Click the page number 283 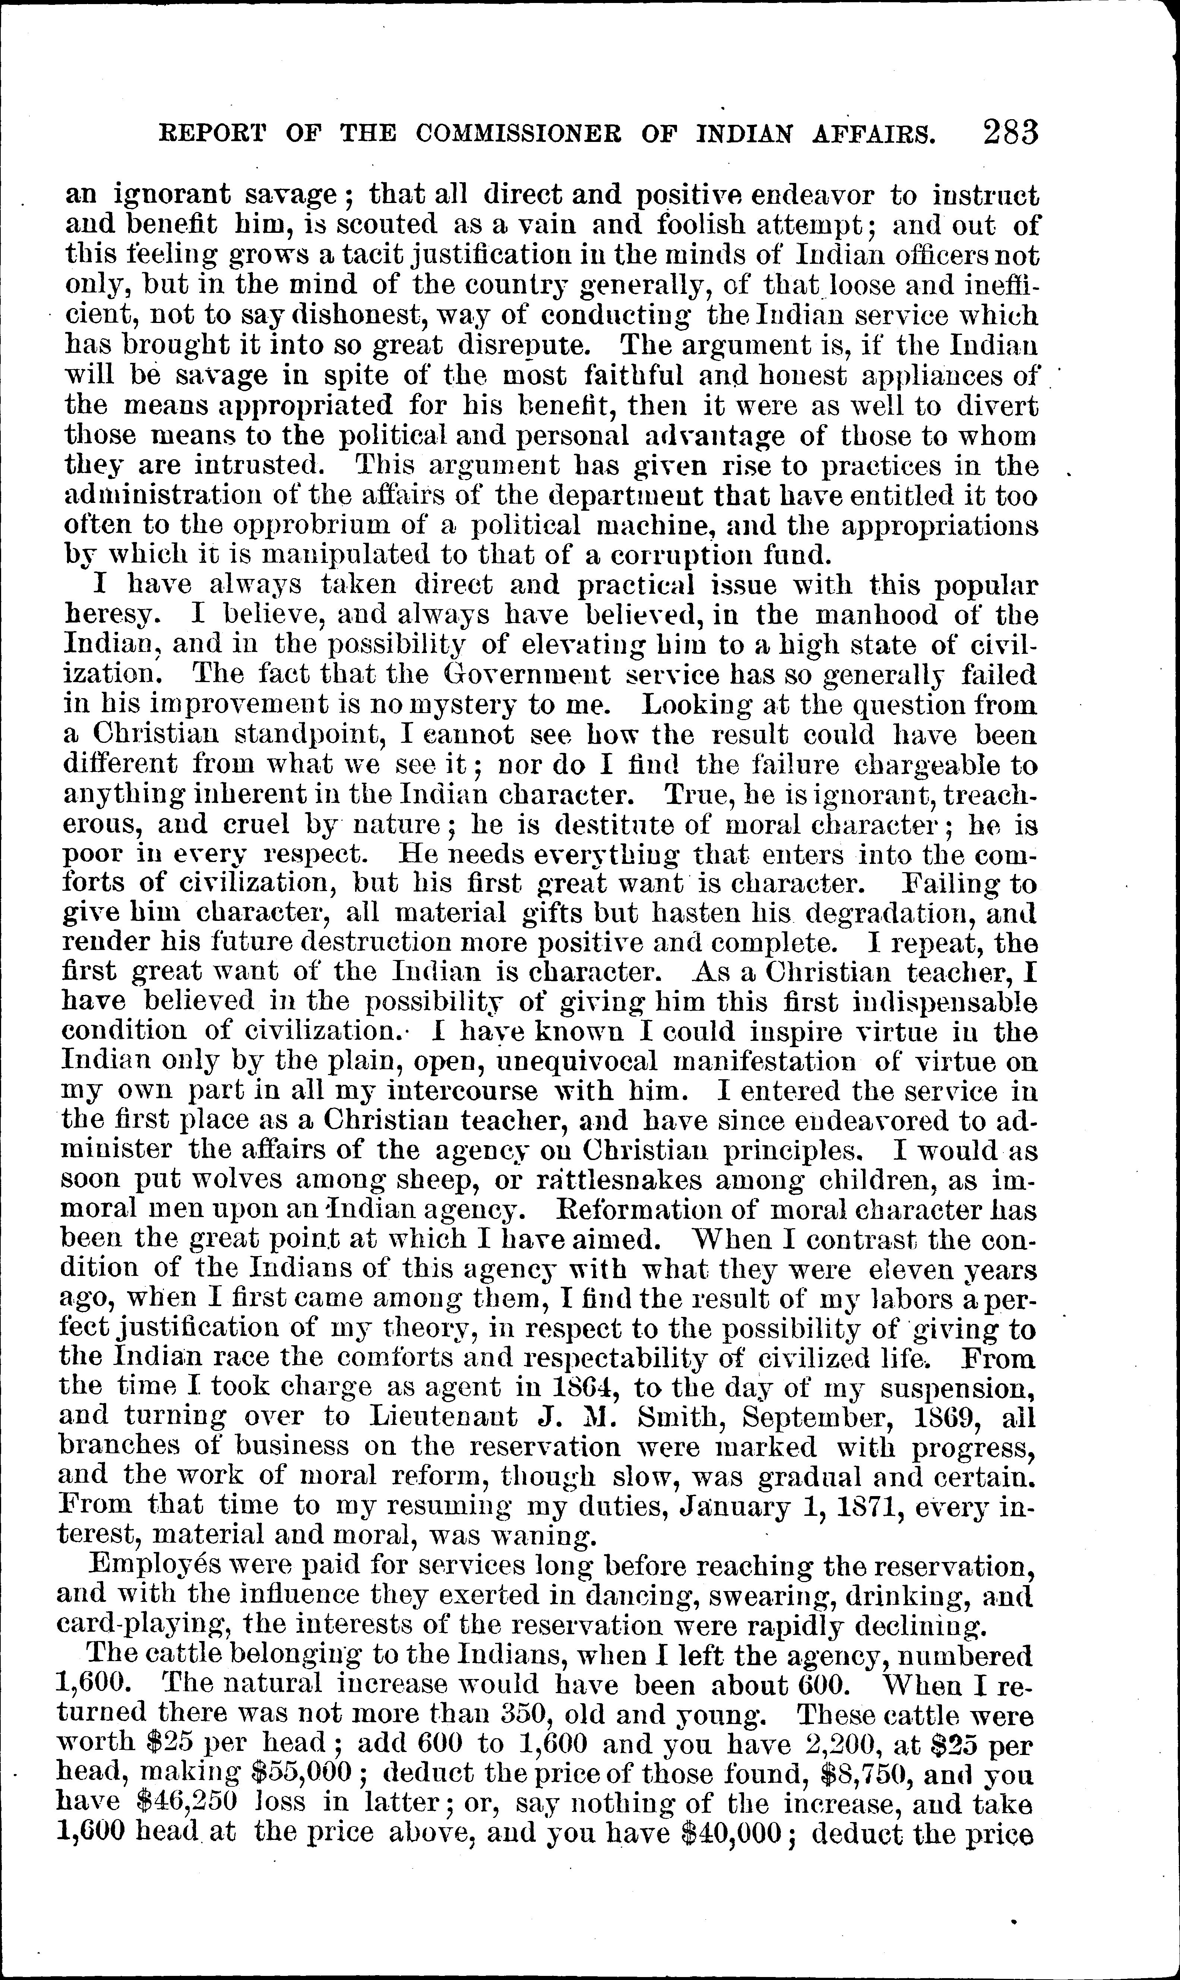point(1010,130)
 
